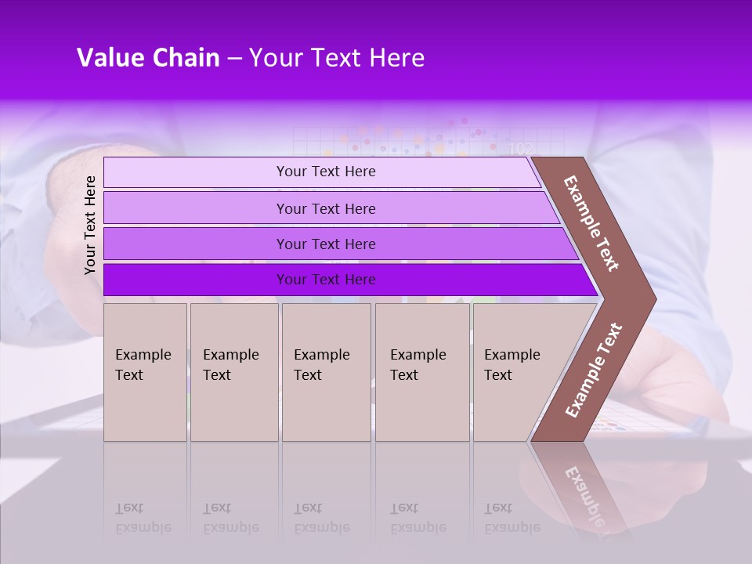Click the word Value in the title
[x=109, y=58]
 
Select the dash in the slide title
[x=234, y=59]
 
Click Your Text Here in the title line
[x=336, y=58]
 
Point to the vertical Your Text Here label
[x=90, y=225]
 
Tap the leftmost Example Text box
[x=145, y=372]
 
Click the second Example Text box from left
[x=234, y=372]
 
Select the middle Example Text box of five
[x=326, y=372]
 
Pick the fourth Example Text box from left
[x=422, y=372]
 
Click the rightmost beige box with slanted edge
[x=517, y=372]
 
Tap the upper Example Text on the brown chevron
[x=591, y=224]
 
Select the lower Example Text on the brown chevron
[x=593, y=370]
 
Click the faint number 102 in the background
[x=520, y=149]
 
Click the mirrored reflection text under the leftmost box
[x=143, y=518]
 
